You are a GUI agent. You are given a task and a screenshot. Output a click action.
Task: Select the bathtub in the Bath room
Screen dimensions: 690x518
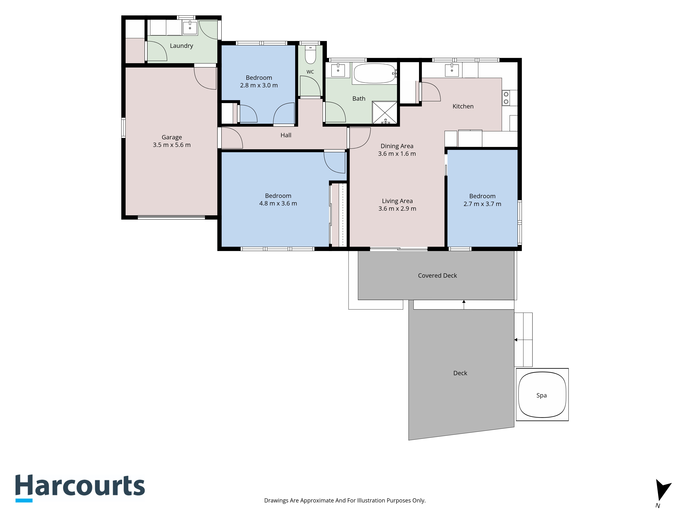click(375, 73)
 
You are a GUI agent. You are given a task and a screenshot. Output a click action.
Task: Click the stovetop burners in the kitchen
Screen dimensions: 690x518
click(506, 98)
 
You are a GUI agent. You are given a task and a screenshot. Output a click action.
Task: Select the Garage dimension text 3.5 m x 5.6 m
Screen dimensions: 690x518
click(172, 145)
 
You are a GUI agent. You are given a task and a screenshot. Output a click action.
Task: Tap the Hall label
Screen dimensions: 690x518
click(286, 135)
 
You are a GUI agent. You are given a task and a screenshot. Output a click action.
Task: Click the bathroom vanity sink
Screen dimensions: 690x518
click(338, 70)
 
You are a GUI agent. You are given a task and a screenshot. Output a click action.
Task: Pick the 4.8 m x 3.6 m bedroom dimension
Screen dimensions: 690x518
click(278, 203)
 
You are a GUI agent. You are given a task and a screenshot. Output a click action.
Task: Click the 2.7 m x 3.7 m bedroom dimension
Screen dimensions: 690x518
click(482, 204)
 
